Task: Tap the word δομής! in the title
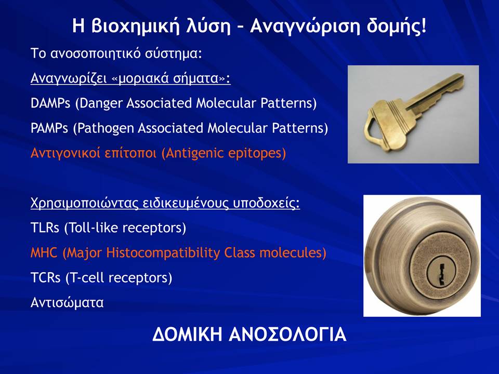click(396, 26)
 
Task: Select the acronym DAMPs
click(50, 103)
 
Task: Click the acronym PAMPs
click(49, 128)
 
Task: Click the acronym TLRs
click(45, 228)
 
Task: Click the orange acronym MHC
click(44, 253)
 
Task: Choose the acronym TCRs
click(45, 277)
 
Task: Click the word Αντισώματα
click(67, 302)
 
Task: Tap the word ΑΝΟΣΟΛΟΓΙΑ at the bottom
click(287, 335)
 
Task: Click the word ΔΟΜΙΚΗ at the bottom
click(187, 335)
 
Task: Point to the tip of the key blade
click(464, 76)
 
